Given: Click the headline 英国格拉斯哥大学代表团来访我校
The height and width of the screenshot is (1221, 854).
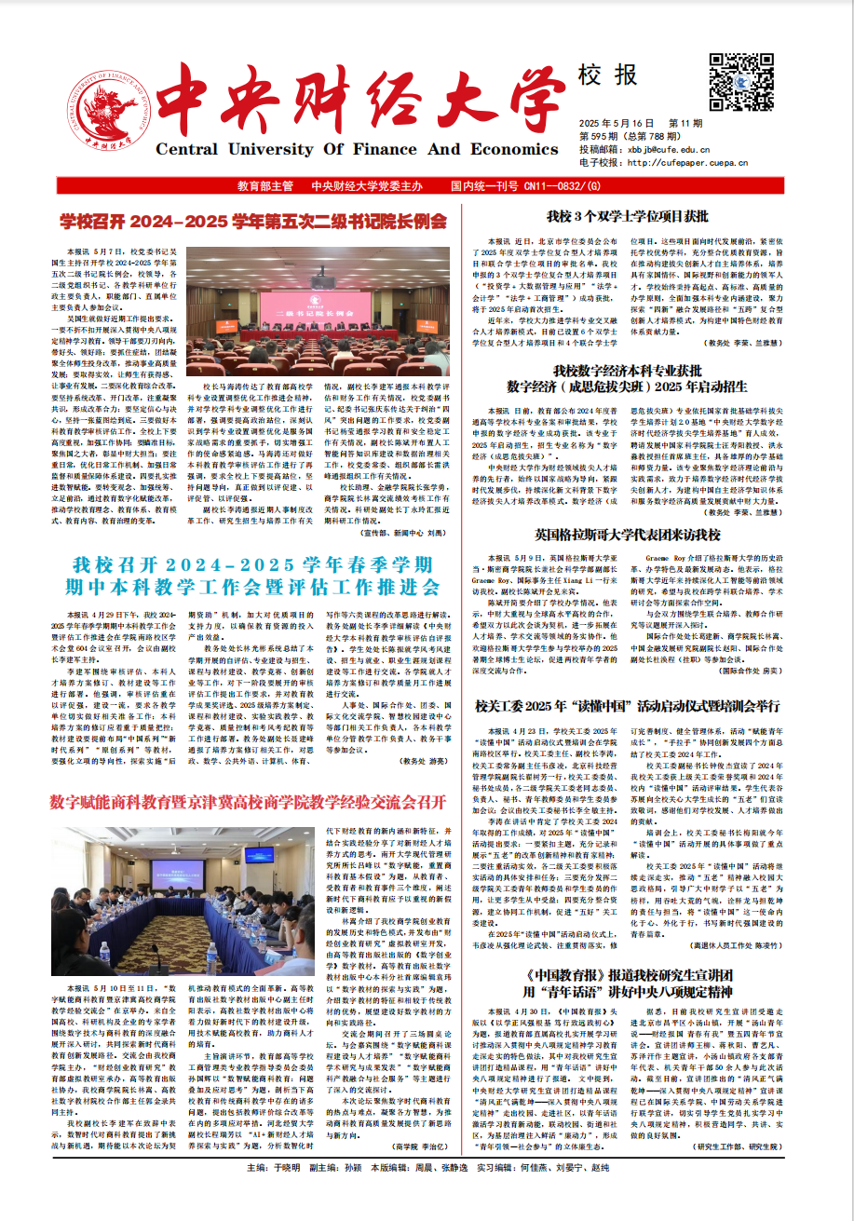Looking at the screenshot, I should (x=627, y=536).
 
